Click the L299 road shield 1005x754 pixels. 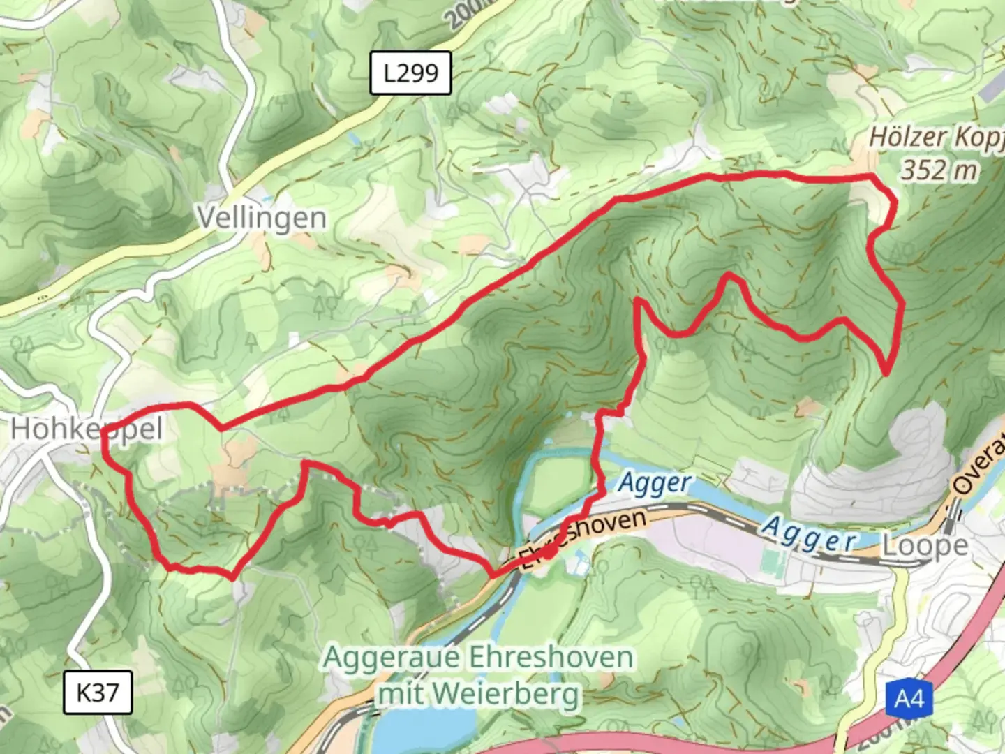410,73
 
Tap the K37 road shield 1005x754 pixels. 98,693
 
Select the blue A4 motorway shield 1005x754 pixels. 909,698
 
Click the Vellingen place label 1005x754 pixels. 262,218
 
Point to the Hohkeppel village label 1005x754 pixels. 87,429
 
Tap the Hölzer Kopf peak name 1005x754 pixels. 935,138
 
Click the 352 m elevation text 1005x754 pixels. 939,170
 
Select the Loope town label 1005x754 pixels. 925,545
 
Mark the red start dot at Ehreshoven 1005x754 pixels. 549,552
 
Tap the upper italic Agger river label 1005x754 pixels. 655,482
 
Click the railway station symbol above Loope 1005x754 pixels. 953,513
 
